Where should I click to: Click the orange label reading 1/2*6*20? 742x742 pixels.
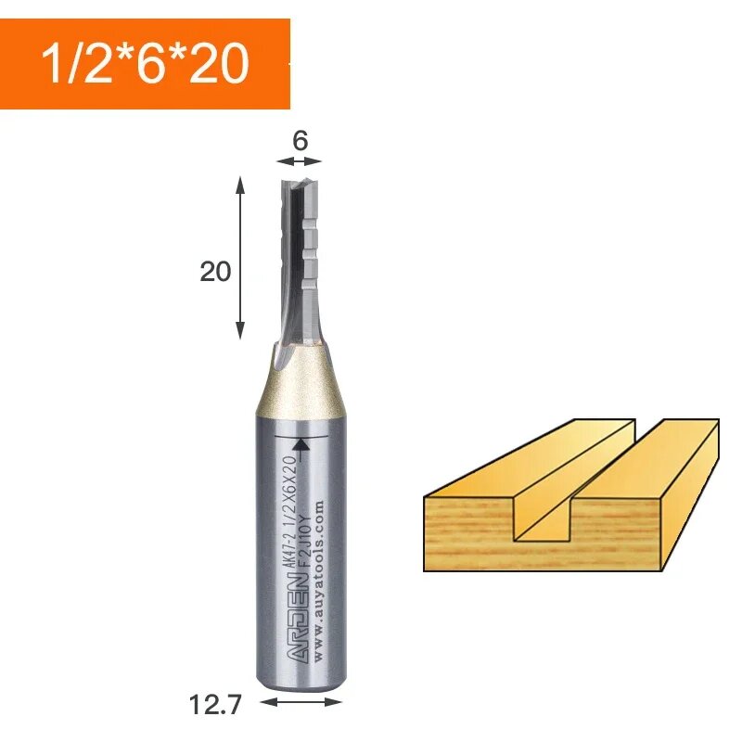click(145, 64)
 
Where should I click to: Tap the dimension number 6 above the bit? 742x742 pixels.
click(299, 141)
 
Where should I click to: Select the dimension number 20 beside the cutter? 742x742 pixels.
click(215, 272)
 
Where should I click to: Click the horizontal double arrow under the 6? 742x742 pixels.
click(299, 161)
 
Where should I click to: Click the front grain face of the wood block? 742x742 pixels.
click(468, 533)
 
